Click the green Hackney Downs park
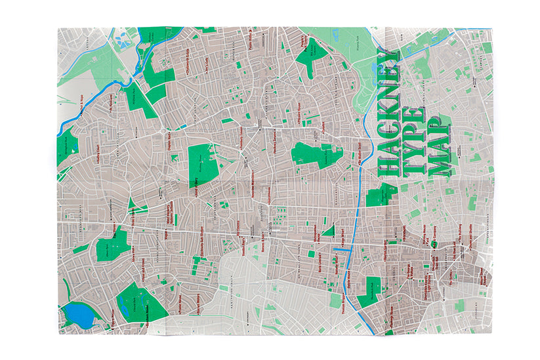pos(202,164)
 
